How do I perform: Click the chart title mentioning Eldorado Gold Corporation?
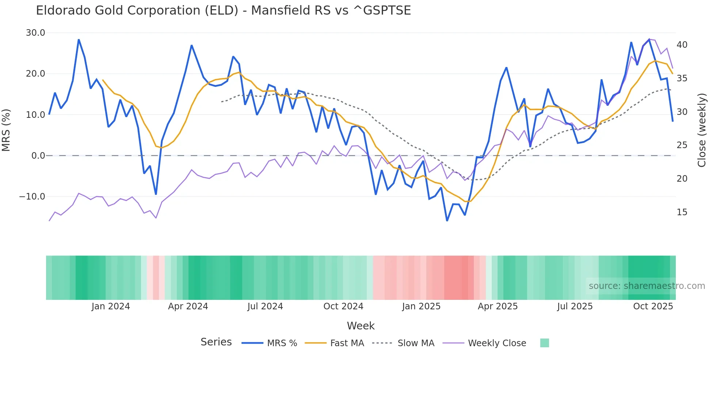223,11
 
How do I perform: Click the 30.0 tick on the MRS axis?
35,33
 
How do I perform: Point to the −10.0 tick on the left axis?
32,197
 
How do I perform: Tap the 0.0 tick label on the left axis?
38,156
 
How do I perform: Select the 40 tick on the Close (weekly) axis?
682,45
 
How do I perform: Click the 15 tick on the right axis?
682,212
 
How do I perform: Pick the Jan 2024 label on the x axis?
111,306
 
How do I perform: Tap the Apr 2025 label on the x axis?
498,306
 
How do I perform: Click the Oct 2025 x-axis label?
653,306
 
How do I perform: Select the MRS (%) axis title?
6,130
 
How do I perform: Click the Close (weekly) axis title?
702,130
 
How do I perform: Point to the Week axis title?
361,326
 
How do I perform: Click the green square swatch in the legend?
544,343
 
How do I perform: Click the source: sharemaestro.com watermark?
647,286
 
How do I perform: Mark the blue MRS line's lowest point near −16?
447,221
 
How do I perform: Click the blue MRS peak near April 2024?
191,46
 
